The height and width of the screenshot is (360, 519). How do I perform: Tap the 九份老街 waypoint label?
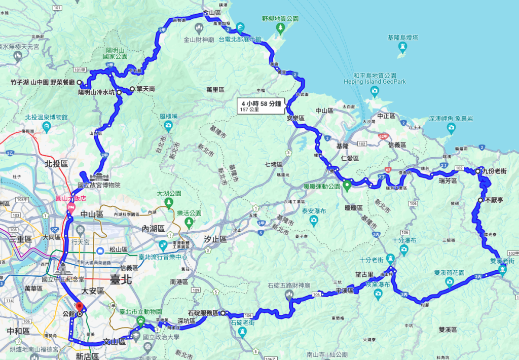pyautogui.click(x=494, y=171)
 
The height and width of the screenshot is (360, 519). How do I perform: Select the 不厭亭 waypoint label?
pyautogui.click(x=494, y=200)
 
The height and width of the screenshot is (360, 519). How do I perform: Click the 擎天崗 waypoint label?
pyautogui.click(x=146, y=89)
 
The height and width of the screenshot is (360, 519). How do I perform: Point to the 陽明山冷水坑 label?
pyautogui.click(x=96, y=93)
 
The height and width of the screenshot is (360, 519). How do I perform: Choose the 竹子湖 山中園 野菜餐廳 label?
pyautogui.click(x=42, y=82)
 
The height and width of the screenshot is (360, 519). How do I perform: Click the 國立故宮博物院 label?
pyautogui.click(x=98, y=186)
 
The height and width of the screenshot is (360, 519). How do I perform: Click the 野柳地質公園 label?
pyautogui.click(x=280, y=18)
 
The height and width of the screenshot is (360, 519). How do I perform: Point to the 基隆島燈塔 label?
pyautogui.click(x=402, y=38)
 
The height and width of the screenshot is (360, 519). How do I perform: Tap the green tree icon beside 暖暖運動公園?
pyautogui.click(x=347, y=185)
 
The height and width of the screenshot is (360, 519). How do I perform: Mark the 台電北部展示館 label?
pyautogui.click(x=240, y=39)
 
